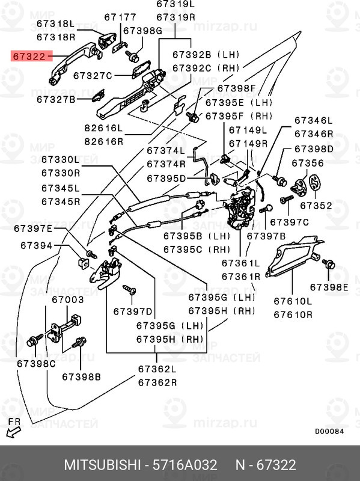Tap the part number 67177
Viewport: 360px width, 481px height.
click(x=120, y=17)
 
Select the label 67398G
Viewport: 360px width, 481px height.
click(x=142, y=31)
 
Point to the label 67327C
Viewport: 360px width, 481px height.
click(x=93, y=76)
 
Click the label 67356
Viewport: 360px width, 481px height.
click(x=308, y=163)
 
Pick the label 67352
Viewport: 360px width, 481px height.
click(x=316, y=206)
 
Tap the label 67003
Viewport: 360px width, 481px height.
click(x=67, y=299)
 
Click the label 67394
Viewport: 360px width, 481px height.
click(x=36, y=245)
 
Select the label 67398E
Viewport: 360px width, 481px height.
click(x=329, y=287)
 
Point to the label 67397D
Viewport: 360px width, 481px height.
click(x=132, y=311)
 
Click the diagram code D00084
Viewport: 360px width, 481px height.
click(x=329, y=431)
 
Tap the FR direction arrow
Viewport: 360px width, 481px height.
click(x=13, y=432)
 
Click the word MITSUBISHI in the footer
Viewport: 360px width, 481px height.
click(x=102, y=465)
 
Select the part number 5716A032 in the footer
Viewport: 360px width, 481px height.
click(x=185, y=465)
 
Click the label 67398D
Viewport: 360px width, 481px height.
click(x=314, y=149)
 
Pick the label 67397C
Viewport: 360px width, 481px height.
click(x=289, y=222)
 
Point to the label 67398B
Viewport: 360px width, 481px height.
click(x=81, y=377)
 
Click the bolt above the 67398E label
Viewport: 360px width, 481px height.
click(x=328, y=263)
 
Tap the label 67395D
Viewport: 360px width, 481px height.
click(x=166, y=179)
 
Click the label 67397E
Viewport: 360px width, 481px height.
click(x=33, y=229)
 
